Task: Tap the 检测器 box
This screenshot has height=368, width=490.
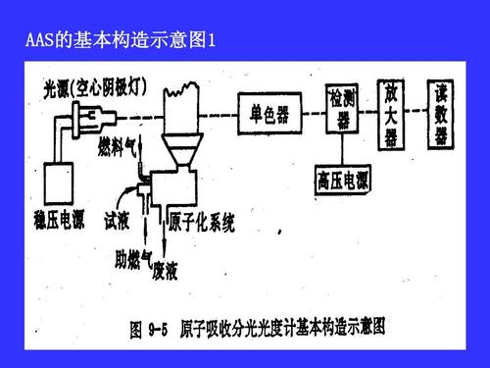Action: (342, 107)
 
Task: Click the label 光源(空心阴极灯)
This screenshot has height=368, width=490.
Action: (95, 87)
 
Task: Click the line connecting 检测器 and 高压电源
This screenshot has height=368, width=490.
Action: (342, 148)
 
